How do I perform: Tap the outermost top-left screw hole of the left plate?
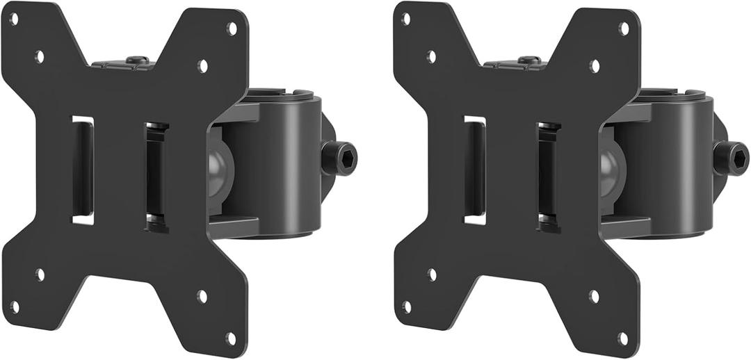14,19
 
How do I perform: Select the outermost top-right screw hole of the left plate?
232,28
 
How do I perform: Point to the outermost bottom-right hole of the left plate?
232,338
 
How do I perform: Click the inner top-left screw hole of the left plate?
40,56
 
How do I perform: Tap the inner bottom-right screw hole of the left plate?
202,296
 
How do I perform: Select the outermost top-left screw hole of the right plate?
406,19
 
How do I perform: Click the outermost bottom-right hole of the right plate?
624,338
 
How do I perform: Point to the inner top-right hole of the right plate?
595,66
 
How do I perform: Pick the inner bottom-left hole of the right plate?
432,274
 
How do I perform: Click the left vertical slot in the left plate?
82,170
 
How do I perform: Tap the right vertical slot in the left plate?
156,177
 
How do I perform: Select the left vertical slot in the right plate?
474,170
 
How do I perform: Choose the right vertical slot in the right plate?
548,177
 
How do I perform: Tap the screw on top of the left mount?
137,60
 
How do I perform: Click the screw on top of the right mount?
529,60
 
